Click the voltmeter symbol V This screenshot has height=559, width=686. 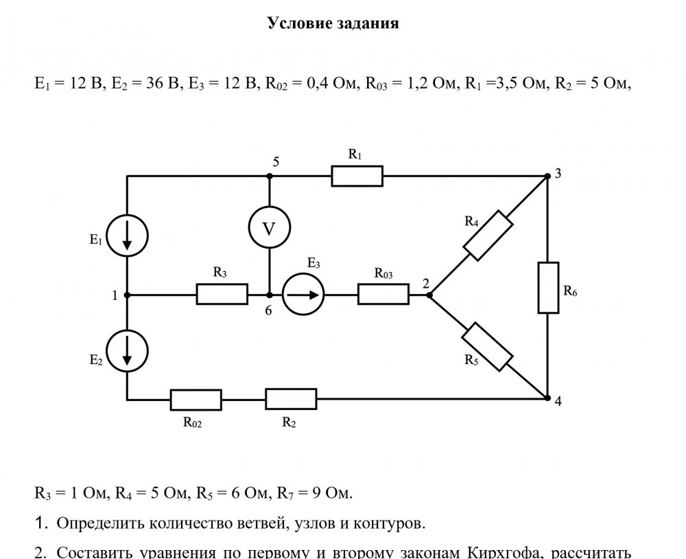tap(269, 229)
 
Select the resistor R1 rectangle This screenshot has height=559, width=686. tap(357, 176)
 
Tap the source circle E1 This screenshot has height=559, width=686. tap(128, 235)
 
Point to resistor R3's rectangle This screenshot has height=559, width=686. tap(222, 295)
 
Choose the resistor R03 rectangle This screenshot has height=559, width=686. tap(383, 295)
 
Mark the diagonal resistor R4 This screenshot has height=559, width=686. tap(488, 235)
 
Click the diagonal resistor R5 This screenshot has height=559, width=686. tap(488, 347)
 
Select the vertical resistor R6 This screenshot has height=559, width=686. tap(547, 287)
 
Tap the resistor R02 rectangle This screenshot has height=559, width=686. tap(196, 399)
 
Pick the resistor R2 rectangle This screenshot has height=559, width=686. tap(291, 398)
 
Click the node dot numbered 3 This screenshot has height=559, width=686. tap(547, 176)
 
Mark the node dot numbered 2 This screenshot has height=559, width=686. tap(429, 295)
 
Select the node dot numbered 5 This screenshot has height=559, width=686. tap(269, 176)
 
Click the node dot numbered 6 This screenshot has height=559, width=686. tap(269, 295)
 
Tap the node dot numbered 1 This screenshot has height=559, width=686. tap(128, 295)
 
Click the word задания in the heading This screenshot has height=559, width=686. tap(368, 23)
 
